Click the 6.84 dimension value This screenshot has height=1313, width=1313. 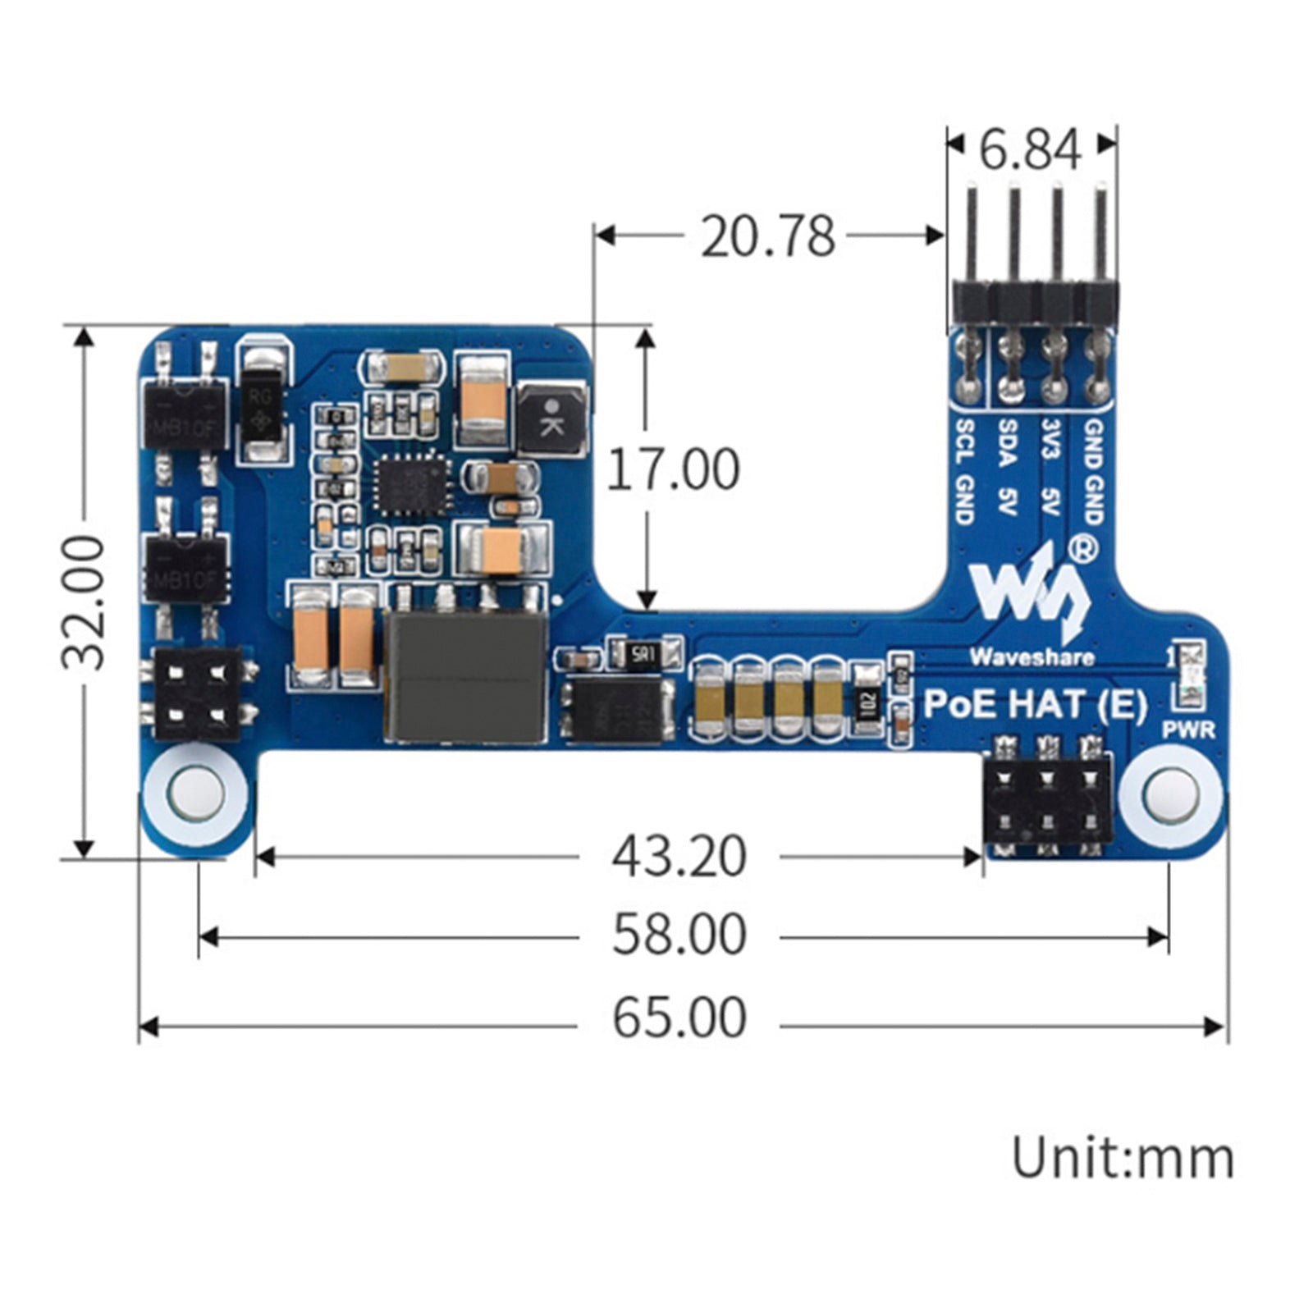coord(1031,150)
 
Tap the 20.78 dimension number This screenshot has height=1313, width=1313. coord(767,236)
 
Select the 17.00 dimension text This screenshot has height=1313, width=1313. coord(673,469)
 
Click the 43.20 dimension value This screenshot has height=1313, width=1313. coord(679,857)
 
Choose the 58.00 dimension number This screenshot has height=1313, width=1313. coord(679,936)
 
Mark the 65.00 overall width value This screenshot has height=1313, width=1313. coord(679,1018)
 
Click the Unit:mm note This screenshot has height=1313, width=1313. coord(1122,1159)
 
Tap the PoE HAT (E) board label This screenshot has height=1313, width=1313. coord(1035,704)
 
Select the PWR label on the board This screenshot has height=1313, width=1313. coord(1187,730)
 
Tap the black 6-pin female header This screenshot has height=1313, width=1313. coord(1047,799)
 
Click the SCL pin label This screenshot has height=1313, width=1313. coord(966,441)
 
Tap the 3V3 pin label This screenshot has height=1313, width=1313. coord(1050,441)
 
